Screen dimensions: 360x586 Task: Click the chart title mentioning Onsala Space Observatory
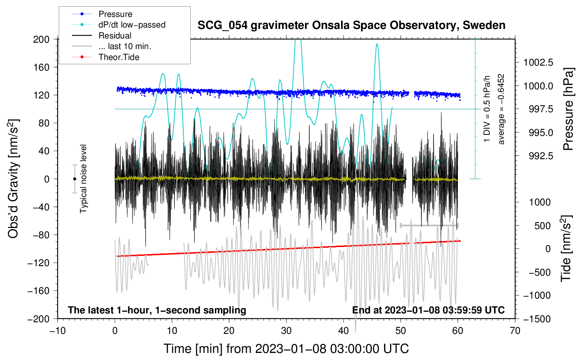351,25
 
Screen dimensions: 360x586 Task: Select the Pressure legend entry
115,14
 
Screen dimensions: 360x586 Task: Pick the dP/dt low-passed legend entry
132,25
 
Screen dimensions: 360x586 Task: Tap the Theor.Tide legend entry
119,57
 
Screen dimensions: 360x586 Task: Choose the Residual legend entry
115,36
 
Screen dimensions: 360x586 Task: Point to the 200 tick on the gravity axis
41,39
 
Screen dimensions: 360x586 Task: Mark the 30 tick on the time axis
286,331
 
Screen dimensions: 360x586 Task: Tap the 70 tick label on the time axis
515,331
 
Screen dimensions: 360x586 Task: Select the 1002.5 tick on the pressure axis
538,62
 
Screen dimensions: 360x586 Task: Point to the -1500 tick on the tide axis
537,319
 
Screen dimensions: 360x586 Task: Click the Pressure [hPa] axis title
568,109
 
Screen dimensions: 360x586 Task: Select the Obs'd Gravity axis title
13,179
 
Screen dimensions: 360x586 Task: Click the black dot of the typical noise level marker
74,179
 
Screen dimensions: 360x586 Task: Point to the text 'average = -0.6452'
501,109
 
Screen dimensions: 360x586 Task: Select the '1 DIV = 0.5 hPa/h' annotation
487,109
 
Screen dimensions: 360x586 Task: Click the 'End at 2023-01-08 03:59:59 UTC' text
428,310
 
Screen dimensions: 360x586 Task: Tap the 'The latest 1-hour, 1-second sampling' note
157,310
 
